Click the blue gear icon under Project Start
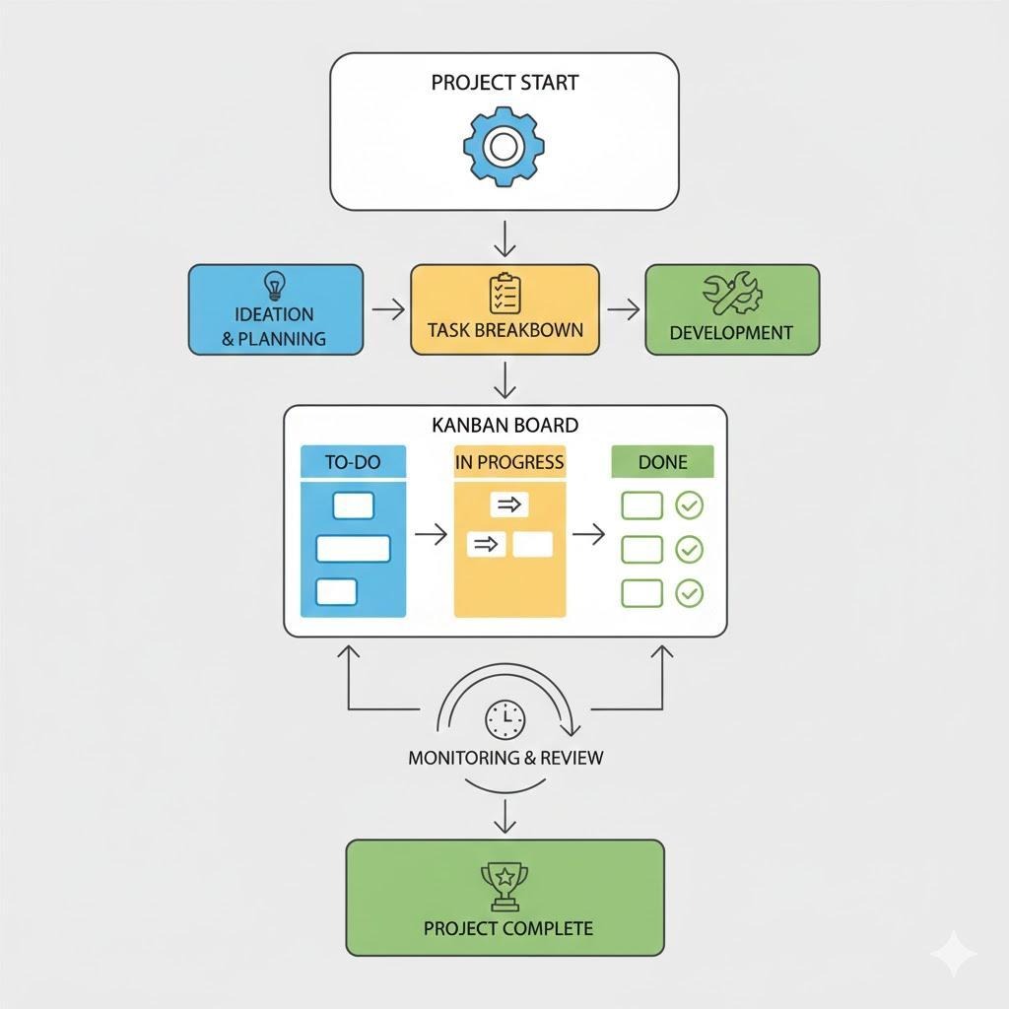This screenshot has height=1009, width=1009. click(x=504, y=147)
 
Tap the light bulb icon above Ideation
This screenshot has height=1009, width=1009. click(x=275, y=286)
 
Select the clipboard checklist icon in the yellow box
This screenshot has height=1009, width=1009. click(x=505, y=294)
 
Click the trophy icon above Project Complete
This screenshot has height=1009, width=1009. click(x=505, y=886)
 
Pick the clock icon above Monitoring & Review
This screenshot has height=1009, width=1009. click(x=505, y=719)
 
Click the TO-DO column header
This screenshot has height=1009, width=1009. click(x=354, y=462)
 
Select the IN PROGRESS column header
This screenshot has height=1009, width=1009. click(x=509, y=462)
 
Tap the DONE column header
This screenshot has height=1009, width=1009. click(x=663, y=462)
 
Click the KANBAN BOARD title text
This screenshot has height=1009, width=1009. click(x=505, y=426)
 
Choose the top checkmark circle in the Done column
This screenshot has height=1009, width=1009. click(x=689, y=505)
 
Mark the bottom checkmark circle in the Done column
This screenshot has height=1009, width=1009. click(x=689, y=593)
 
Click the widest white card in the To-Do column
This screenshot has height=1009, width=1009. click(x=354, y=549)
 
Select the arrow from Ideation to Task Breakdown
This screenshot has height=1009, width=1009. click(x=388, y=309)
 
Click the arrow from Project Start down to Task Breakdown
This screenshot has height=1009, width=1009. click(x=505, y=238)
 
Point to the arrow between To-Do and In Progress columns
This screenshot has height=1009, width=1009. click(x=432, y=533)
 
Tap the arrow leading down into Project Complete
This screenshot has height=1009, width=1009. click(x=505, y=816)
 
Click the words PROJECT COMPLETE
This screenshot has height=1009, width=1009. click(x=508, y=928)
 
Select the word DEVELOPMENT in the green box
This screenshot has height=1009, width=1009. click(x=731, y=333)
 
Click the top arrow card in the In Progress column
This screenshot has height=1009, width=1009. click(x=509, y=504)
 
